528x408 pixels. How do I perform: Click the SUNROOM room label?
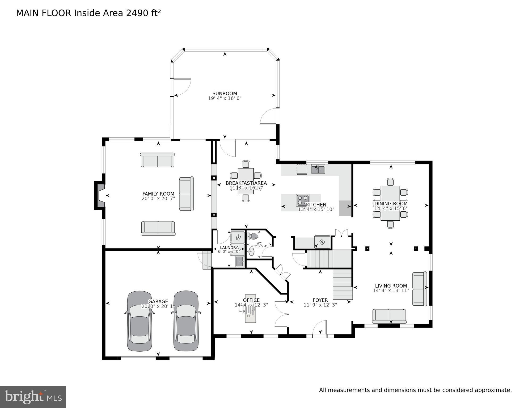225,94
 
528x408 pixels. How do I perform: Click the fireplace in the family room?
100,195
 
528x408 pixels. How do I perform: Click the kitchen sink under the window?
318,169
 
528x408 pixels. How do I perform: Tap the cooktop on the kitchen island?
302,200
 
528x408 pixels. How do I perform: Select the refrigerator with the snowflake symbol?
322,242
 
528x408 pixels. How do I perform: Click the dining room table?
390,203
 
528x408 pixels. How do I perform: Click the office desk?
250,309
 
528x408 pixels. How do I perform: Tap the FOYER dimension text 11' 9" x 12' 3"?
320,305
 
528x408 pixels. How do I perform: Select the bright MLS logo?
33,397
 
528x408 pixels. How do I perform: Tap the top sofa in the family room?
157,160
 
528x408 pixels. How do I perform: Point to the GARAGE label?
158,301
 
